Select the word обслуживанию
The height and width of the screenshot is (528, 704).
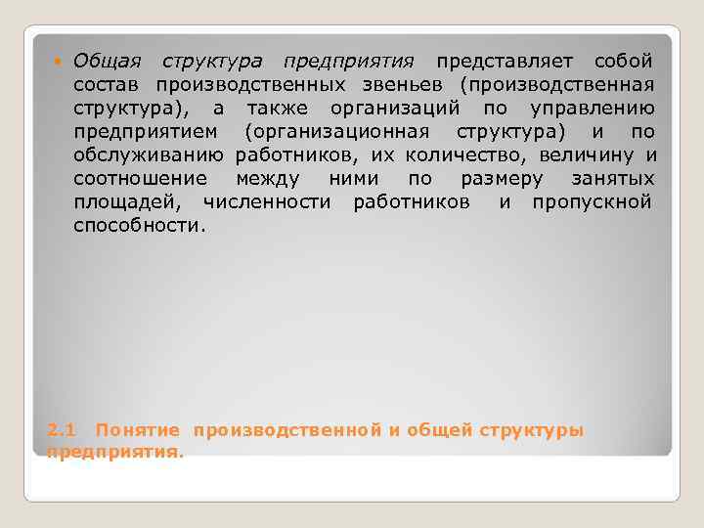point(150,155)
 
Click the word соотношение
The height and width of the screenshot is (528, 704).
point(141,179)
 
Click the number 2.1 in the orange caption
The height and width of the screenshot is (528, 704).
point(62,430)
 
